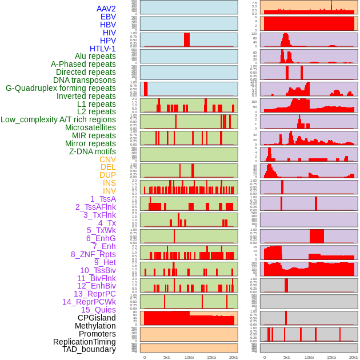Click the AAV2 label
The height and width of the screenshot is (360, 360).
[106, 9]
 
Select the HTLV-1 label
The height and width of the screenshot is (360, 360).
[102, 49]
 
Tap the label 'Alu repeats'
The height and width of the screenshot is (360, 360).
[95, 56]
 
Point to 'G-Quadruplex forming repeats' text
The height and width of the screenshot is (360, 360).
[61, 88]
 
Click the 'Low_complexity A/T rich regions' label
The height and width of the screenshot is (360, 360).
[58, 119]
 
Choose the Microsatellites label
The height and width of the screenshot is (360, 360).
[90, 127]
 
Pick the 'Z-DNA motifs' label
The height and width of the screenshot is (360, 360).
[92, 151]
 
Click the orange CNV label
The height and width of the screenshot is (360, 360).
[107, 159]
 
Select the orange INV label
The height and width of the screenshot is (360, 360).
[109, 191]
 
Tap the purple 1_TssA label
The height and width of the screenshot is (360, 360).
[103, 199]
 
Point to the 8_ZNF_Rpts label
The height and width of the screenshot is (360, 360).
[93, 254]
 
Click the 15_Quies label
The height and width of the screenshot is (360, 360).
[98, 310]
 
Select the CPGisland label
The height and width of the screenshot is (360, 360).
[97, 318]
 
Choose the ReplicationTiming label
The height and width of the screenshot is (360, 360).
[84, 342]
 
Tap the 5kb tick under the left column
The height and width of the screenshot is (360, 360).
[167, 357]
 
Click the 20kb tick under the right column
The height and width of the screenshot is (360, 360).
[353, 357]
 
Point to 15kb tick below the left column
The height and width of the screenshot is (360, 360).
[211, 357]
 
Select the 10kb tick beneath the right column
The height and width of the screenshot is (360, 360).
[309, 357]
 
